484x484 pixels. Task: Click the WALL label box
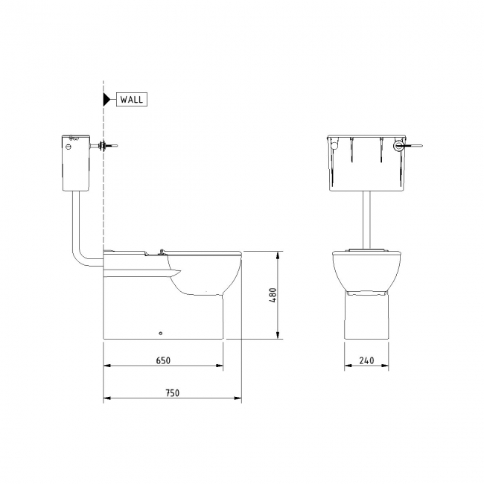pos(131,98)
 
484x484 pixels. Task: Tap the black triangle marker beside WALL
pos(106,98)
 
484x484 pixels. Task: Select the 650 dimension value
pos(163,360)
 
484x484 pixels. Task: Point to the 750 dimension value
pos(172,392)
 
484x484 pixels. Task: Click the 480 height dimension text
pos(273,296)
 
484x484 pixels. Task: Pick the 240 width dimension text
pos(366,360)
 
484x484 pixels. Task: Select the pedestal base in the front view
pos(366,316)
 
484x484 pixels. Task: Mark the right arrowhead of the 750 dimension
pos(238,398)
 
